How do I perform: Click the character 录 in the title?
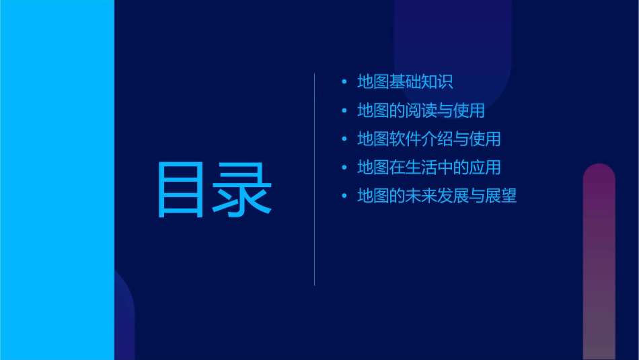tap(243, 190)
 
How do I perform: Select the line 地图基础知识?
tap(405, 82)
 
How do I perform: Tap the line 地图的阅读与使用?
tap(421, 110)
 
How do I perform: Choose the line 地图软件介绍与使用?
tap(429, 139)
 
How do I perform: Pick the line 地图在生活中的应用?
tap(429, 168)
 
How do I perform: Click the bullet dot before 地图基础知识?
tap(344, 82)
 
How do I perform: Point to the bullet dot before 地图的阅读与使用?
tap(344, 110)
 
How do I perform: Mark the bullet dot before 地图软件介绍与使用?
tap(344, 139)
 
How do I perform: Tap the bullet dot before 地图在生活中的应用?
tap(344, 168)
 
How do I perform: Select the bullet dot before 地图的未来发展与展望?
tap(344, 196)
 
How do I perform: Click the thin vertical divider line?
tap(315, 180)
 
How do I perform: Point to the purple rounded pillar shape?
tap(599, 262)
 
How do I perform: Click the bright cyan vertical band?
tap(57, 180)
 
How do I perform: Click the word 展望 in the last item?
tap(500, 196)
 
